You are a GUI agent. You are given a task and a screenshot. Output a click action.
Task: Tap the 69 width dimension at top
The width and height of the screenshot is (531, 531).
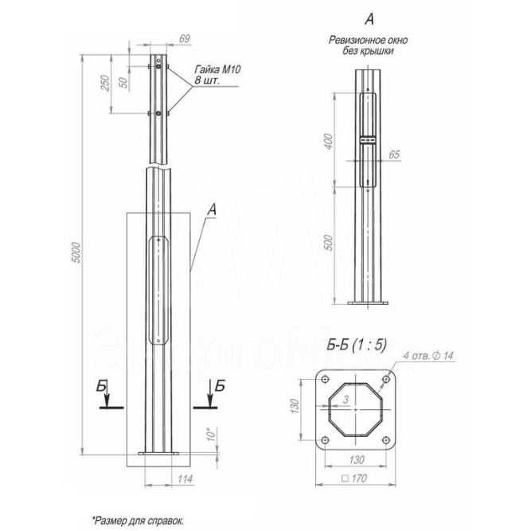(185, 39)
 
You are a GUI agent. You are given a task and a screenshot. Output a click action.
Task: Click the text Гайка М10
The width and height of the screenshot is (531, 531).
(217, 71)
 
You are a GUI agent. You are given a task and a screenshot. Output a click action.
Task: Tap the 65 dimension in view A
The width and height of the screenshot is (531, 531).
(393, 154)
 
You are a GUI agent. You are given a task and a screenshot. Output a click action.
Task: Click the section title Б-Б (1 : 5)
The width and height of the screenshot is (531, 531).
(357, 345)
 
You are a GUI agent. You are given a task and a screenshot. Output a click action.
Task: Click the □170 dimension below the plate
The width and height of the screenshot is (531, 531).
(356, 479)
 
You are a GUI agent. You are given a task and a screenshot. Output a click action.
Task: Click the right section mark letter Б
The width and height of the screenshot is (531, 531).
(221, 385)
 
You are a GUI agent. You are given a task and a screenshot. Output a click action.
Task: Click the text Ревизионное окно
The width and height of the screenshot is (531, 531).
(362, 40)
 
